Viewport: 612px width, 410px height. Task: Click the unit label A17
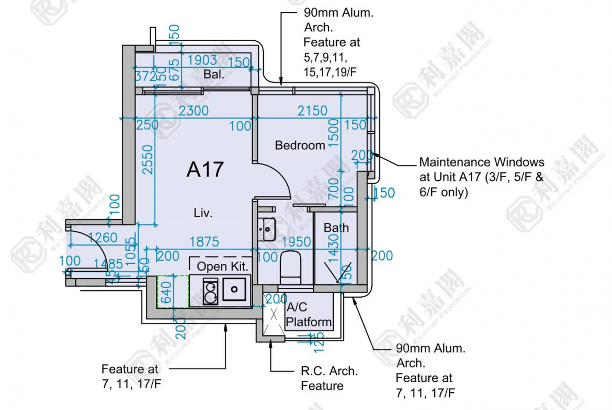(x=205, y=170)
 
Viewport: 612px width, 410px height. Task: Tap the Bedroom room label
(x=300, y=145)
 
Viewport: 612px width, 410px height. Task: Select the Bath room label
(x=336, y=228)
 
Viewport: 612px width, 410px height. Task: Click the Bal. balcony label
(x=214, y=75)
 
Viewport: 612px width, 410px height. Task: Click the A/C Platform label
(x=308, y=315)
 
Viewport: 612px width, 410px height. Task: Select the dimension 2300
(x=194, y=111)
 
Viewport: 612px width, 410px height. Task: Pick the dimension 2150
(x=312, y=111)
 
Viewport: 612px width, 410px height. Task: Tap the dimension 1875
(x=204, y=242)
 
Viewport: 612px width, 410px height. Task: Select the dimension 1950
(x=296, y=242)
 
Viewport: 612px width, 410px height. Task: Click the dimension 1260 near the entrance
(x=103, y=238)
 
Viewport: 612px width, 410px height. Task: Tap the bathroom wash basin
(x=266, y=228)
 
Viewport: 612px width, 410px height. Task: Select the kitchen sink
(x=234, y=289)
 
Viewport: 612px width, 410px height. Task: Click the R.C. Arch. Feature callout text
(x=329, y=379)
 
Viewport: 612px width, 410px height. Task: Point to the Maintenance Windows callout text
(x=481, y=177)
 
